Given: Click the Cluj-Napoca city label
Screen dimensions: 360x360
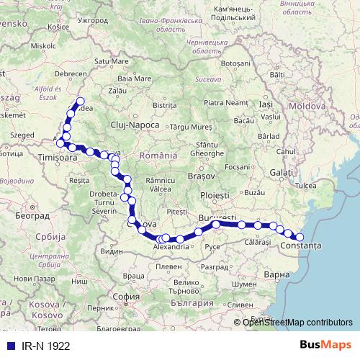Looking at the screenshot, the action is pos(135,125).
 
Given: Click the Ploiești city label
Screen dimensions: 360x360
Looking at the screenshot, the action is pos(214,195).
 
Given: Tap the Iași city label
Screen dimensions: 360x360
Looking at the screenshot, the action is pos(266,105).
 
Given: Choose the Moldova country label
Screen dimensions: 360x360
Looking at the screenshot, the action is pos(308,106).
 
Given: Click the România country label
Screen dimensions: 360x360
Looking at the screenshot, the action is pos(159,156).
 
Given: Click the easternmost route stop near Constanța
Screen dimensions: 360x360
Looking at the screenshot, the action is pos(300,237).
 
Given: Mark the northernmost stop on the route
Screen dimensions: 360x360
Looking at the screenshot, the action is pos(80,102).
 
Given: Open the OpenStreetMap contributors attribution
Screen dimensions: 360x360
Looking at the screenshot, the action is pos(297,323).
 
